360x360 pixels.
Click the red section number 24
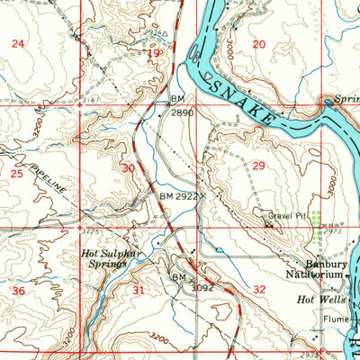point(18,43)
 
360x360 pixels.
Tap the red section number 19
point(154,54)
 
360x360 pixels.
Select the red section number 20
point(259,44)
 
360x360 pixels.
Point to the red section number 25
point(16,171)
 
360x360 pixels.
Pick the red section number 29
point(259,166)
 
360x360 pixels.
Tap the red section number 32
point(259,290)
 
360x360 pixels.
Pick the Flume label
point(333,318)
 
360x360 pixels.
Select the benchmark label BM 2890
point(181,107)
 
